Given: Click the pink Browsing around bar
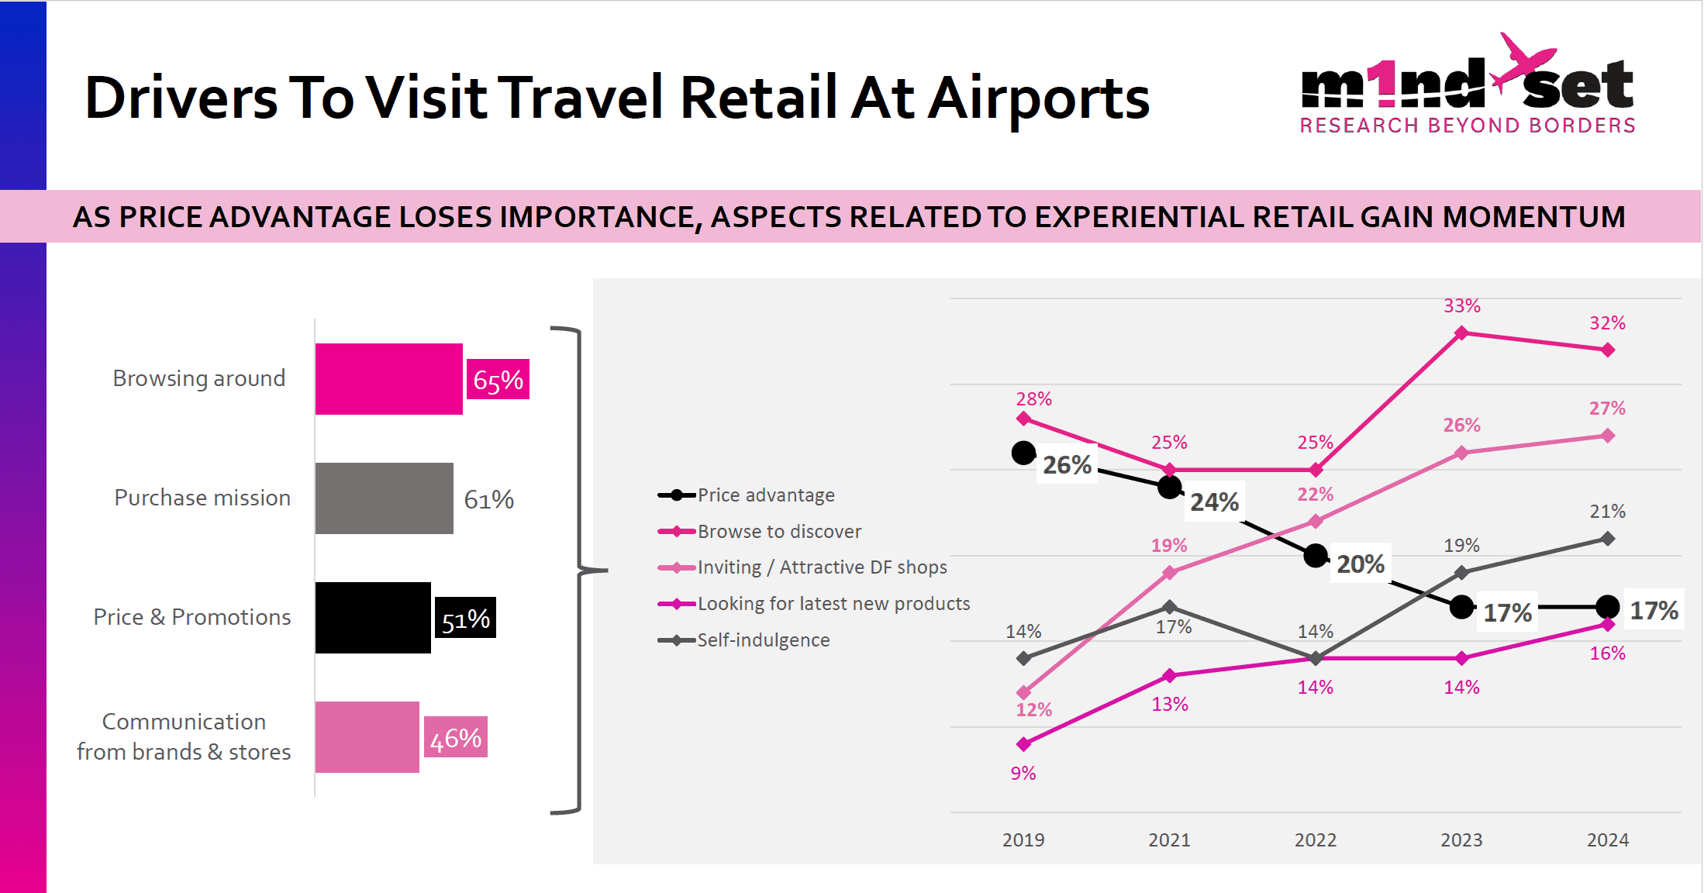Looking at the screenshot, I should pyautogui.click(x=388, y=379).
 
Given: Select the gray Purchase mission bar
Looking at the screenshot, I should pyautogui.click(x=384, y=498).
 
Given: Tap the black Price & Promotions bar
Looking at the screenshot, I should pyautogui.click(x=372, y=618).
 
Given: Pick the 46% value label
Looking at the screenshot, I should pyautogui.click(x=456, y=738).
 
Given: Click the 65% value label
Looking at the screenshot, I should pyautogui.click(x=498, y=380).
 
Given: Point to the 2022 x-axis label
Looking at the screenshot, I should pyautogui.click(x=1315, y=840).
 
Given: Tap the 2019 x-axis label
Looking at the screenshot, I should pyautogui.click(x=1023, y=840).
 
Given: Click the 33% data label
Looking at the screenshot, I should pyautogui.click(x=1461, y=306).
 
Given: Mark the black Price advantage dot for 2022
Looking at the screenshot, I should pyautogui.click(x=1316, y=556).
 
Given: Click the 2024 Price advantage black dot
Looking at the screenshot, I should pyautogui.click(x=1608, y=607).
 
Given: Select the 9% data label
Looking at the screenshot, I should pyautogui.click(x=1023, y=773).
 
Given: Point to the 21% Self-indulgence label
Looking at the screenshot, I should pyautogui.click(x=1608, y=512).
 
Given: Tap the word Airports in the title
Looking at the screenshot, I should pyautogui.click(x=1038, y=98).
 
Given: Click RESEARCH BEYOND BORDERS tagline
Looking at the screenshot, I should pyautogui.click(x=1468, y=126).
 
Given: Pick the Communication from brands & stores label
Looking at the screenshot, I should pyautogui.click(x=184, y=737).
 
